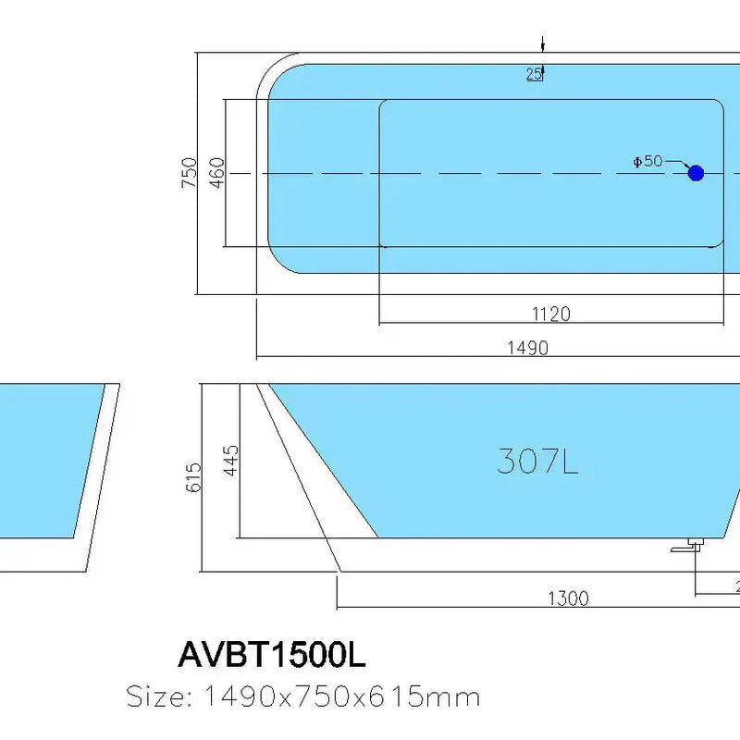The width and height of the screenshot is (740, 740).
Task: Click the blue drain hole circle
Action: (x=696, y=172)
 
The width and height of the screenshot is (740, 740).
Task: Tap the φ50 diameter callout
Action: (x=647, y=161)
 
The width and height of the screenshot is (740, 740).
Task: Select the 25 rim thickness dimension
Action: (x=534, y=75)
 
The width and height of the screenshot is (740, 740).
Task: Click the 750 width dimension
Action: (x=189, y=173)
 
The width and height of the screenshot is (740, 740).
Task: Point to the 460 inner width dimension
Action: (x=216, y=173)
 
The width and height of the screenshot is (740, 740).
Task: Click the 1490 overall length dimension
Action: (x=527, y=348)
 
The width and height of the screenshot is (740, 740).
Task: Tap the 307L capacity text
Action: (x=537, y=461)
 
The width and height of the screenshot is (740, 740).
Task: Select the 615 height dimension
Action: (x=193, y=476)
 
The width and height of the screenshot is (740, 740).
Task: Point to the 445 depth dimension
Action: (x=230, y=460)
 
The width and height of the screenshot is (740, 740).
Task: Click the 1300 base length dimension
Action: (x=567, y=598)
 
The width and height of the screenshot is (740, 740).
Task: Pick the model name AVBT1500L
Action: (x=271, y=655)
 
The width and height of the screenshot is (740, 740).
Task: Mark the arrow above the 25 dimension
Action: (x=543, y=45)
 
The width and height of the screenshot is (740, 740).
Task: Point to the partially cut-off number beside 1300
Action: (x=737, y=585)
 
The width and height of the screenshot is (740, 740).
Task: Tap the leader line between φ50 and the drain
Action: (x=677, y=163)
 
